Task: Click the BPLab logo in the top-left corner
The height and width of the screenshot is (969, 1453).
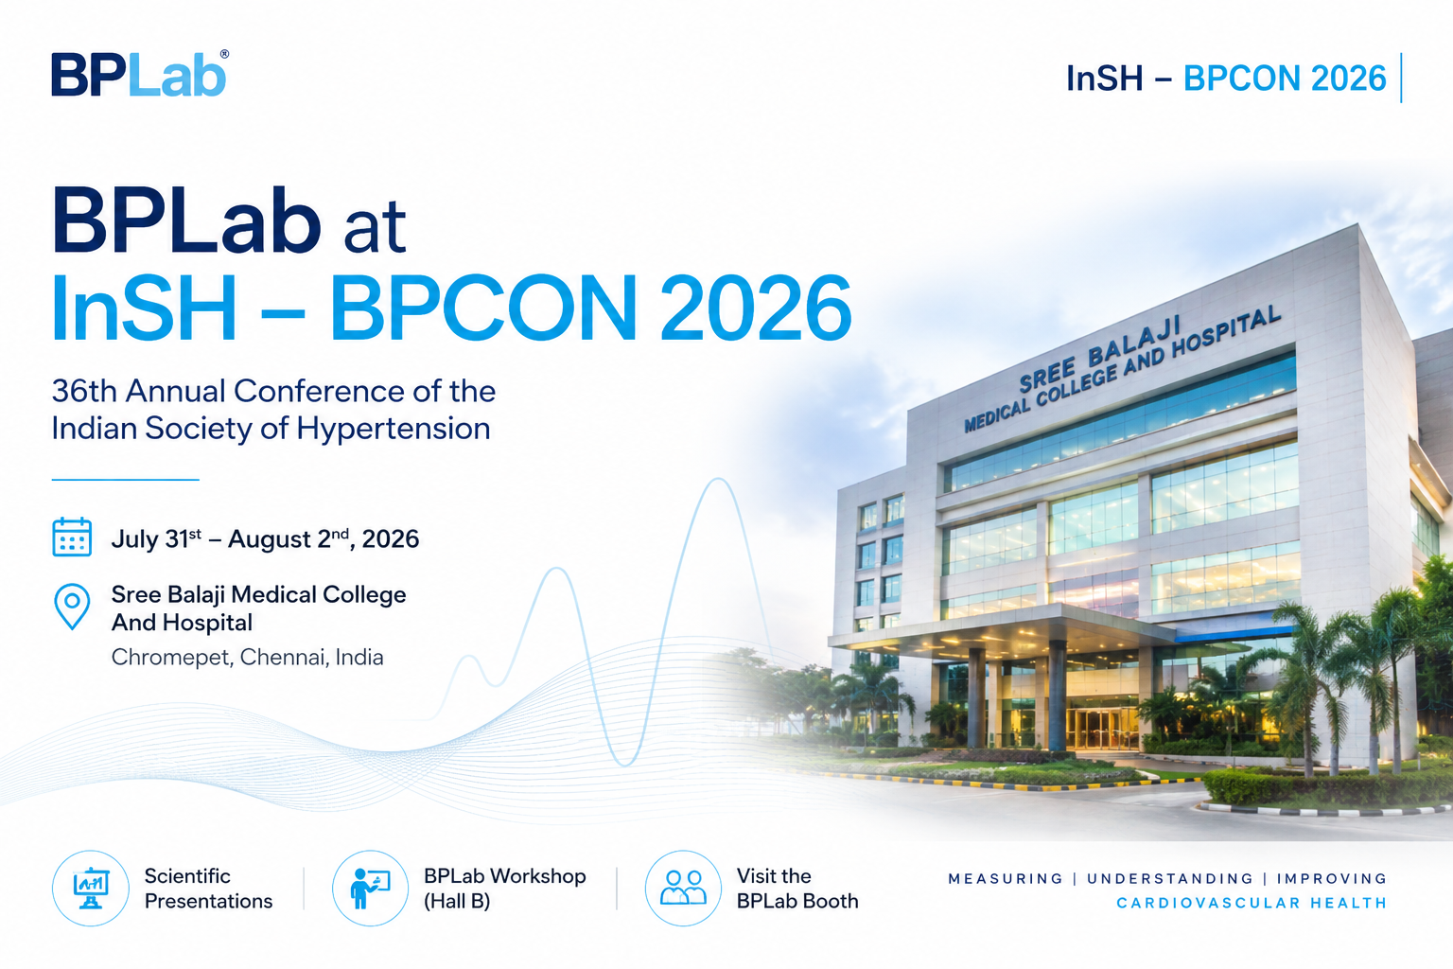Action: pyautogui.click(x=139, y=74)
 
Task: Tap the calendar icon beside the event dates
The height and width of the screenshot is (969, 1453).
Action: pyautogui.click(x=71, y=537)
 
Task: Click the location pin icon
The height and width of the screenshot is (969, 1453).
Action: pyautogui.click(x=72, y=607)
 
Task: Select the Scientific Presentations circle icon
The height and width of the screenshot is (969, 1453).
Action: pyautogui.click(x=90, y=888)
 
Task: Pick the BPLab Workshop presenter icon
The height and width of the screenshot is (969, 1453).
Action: pyautogui.click(x=370, y=888)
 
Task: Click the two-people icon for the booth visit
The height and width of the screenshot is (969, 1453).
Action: pyautogui.click(x=683, y=888)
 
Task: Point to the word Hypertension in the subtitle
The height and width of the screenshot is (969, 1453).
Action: pyautogui.click(x=394, y=430)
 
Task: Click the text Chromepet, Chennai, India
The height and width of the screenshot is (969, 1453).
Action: pyautogui.click(x=247, y=658)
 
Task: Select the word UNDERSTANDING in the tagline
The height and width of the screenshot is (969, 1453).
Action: pyautogui.click(x=1170, y=879)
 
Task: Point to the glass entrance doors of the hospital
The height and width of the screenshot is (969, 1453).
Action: pyautogui.click(x=1098, y=729)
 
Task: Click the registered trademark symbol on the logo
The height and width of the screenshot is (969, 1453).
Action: pyautogui.click(x=224, y=55)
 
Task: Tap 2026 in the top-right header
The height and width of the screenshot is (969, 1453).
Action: pyautogui.click(x=1348, y=79)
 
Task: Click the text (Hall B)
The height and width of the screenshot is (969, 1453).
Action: pyautogui.click(x=457, y=901)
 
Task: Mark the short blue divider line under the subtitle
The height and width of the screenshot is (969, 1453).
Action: pyautogui.click(x=125, y=480)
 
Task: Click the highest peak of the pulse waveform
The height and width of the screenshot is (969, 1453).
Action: pyautogui.click(x=719, y=480)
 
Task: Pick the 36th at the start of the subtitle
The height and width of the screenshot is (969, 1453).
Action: pyautogui.click(x=84, y=392)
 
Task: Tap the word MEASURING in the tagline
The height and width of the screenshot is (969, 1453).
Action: pyautogui.click(x=1006, y=879)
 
